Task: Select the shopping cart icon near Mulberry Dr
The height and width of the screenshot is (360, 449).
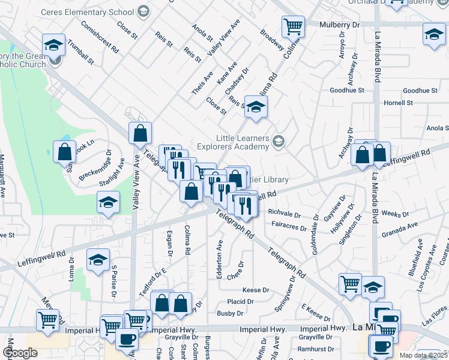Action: [292, 26]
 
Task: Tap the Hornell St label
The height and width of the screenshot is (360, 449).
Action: [399, 103]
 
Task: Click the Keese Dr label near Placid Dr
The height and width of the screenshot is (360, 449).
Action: [256, 290]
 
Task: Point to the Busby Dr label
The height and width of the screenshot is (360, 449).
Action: [230, 313]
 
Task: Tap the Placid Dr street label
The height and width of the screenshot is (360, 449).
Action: [240, 302]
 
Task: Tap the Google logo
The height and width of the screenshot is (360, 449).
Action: [20, 353]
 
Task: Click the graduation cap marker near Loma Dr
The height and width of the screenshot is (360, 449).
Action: [97, 260]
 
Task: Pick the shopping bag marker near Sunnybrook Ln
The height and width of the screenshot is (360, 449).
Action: [64, 152]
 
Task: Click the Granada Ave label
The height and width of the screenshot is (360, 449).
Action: [404, 226]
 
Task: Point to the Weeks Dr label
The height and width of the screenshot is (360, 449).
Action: [395, 214]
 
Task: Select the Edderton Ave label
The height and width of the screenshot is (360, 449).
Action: [219, 253]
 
